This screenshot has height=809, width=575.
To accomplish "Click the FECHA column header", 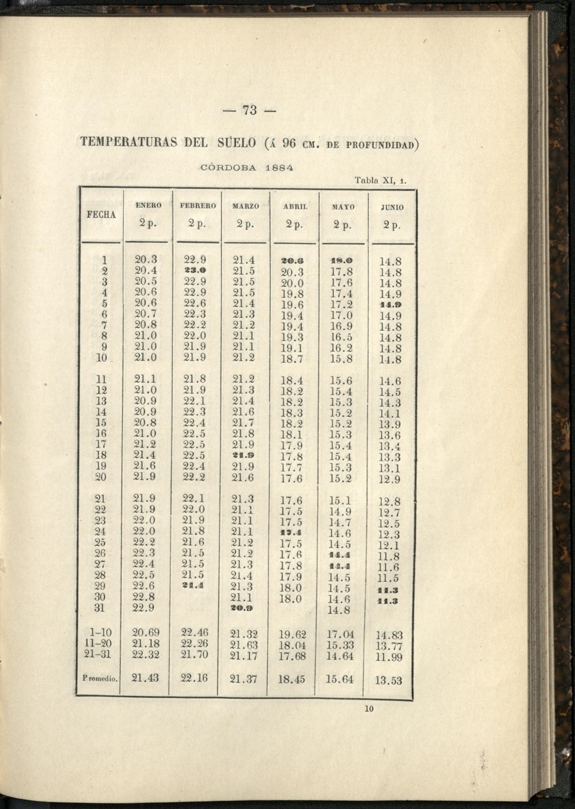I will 101,215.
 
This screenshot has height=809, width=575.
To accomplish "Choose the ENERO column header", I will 148,205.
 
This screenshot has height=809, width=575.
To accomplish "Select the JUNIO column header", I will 392,207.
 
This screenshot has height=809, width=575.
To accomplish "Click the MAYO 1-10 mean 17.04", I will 340,634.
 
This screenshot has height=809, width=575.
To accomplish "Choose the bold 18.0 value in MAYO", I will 341,261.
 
